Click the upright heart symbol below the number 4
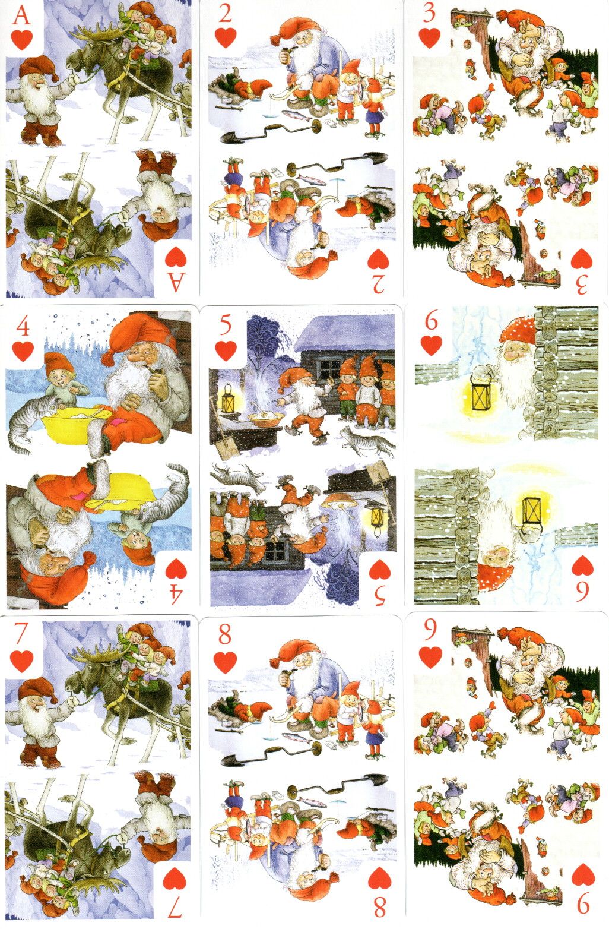pos(23,352)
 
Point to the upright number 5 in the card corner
pos(225,326)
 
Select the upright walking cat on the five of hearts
pos(368,442)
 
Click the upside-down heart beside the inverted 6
pos(582,565)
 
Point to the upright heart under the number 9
pos(431,658)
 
